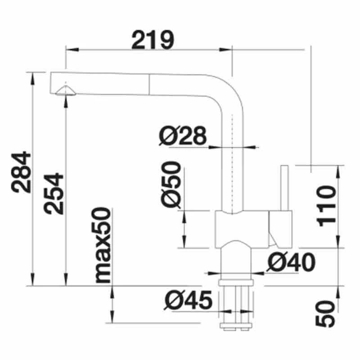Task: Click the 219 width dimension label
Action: [153, 40]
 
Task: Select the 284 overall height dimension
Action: [22, 173]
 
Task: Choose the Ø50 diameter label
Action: [171, 185]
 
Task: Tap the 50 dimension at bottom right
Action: [327, 313]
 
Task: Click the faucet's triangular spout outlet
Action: [65, 90]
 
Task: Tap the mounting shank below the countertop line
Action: [237, 306]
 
